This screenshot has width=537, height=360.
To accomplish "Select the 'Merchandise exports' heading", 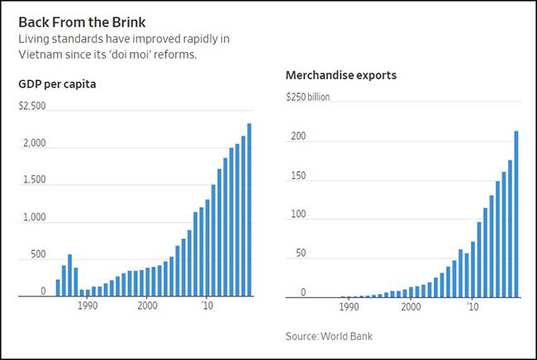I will click(341, 75).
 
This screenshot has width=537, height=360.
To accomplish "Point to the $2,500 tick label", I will click(32, 107).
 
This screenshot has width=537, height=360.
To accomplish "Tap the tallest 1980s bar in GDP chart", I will click(69, 275).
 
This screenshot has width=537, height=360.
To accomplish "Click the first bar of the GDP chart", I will click(58, 287).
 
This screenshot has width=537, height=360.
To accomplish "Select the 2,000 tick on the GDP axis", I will click(34, 144).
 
